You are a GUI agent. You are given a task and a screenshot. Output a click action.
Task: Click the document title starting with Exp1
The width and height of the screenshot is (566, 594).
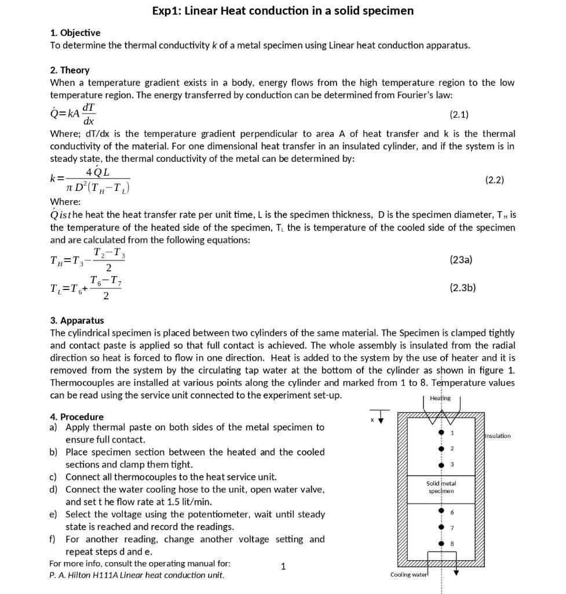[x=283, y=10]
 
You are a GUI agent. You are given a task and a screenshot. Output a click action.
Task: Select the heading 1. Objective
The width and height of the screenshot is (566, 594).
[x=75, y=32]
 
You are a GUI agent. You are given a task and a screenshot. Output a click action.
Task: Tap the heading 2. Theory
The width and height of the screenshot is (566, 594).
[x=70, y=70]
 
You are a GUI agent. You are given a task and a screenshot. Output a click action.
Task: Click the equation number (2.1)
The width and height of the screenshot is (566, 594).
[x=459, y=114]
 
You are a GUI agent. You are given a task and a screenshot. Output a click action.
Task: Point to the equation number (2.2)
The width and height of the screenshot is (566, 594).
[x=494, y=180]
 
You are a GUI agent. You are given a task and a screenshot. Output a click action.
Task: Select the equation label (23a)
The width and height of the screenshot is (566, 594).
[x=461, y=260]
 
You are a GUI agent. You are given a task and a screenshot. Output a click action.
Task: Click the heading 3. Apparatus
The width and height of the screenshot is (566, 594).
[x=77, y=320]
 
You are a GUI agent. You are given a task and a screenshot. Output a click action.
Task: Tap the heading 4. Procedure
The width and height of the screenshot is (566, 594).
[x=76, y=416]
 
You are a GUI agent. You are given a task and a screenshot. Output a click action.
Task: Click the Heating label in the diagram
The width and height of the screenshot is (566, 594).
[x=440, y=398]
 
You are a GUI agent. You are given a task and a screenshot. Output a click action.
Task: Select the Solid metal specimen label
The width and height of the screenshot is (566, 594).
[x=441, y=487]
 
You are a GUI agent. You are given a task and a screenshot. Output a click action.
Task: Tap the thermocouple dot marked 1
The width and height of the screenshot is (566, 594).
[x=441, y=433]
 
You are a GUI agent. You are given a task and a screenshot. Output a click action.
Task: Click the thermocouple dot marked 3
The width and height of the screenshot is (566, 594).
[x=441, y=464]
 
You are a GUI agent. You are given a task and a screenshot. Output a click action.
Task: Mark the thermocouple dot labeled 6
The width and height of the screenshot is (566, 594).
[x=441, y=512]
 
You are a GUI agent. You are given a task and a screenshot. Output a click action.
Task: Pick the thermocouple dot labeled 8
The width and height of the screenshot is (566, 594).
[x=441, y=544]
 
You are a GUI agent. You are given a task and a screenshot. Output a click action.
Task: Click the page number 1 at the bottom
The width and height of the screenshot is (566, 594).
[x=283, y=567]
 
